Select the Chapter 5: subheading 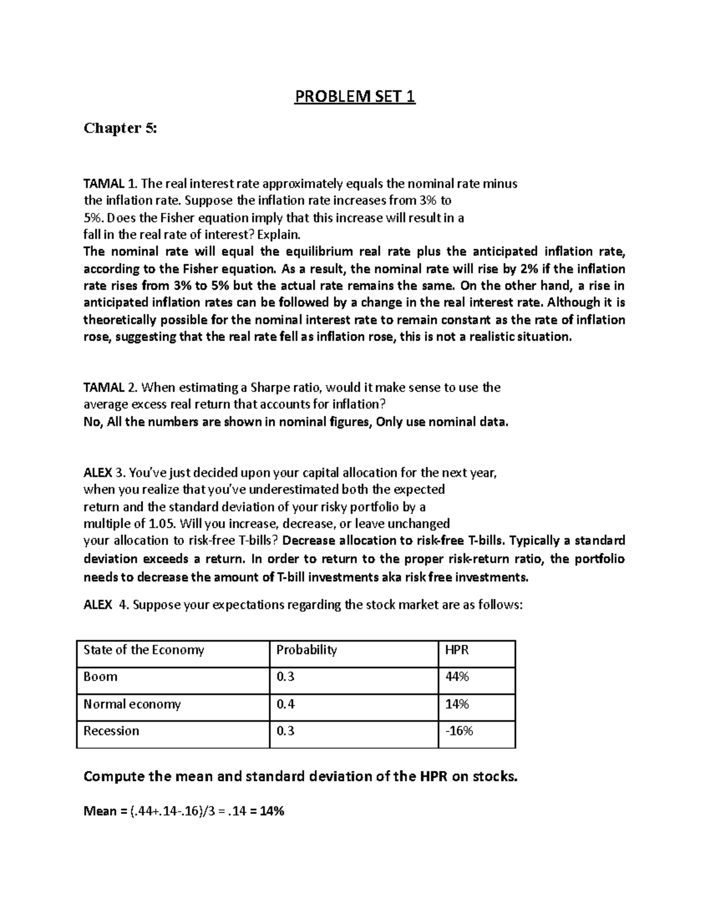(121, 128)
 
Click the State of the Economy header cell (144, 650)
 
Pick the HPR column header (456, 650)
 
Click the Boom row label (101, 676)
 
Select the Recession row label (111, 731)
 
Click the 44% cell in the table (456, 676)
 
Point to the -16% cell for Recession (459, 731)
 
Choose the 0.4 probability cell (285, 704)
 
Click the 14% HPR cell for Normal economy (456, 704)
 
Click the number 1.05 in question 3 (160, 524)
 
